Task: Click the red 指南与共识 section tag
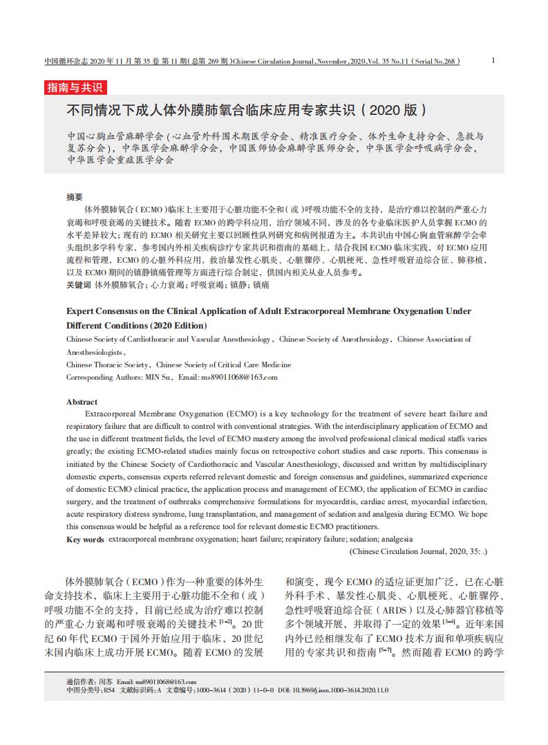[x=75, y=87]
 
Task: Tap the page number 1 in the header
[x=493, y=60]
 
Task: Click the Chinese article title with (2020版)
[x=246, y=109]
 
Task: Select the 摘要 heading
[x=75, y=196]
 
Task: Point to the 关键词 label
[x=78, y=284]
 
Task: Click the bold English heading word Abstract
[x=82, y=401]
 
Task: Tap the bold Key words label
[x=86, y=539]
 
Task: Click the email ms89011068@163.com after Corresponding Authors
[x=239, y=377]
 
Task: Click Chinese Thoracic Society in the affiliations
[x=107, y=365]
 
